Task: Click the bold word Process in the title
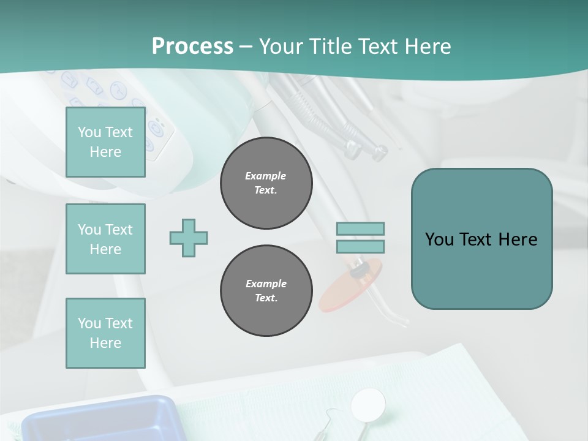tap(192, 47)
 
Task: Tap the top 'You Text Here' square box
tap(105, 142)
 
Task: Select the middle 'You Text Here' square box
tap(105, 239)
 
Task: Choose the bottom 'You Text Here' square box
tap(105, 333)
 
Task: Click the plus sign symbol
tap(189, 238)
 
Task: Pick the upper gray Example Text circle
tap(266, 183)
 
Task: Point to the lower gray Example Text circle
tap(266, 291)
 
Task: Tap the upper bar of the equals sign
tap(360, 229)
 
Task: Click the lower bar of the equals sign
tap(360, 246)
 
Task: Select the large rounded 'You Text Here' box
tap(481, 239)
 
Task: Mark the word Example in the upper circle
tap(266, 176)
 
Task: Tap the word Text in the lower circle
tap(266, 298)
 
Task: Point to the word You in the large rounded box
tap(439, 239)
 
